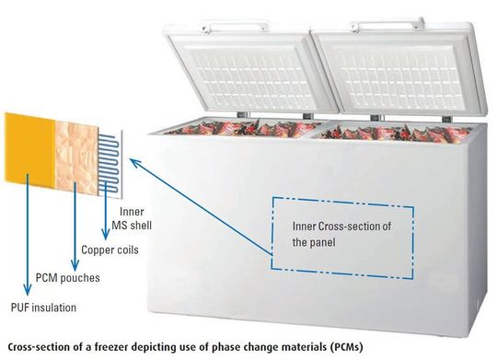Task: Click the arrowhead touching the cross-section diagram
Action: [x=132, y=160]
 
